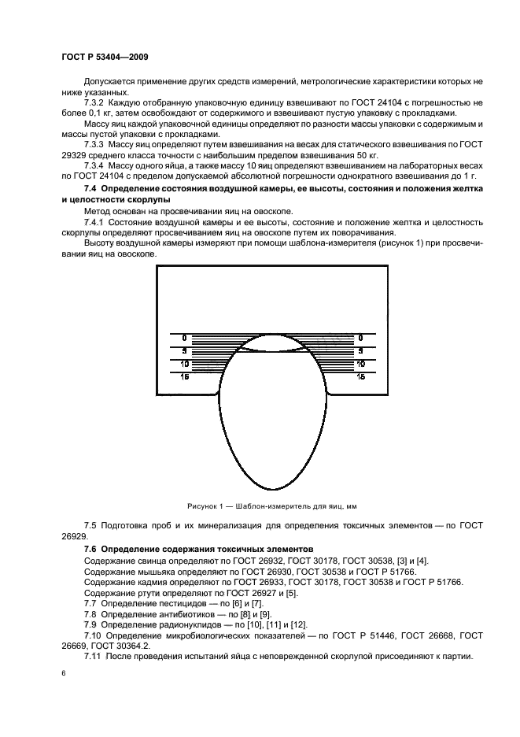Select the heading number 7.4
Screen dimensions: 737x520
[93, 191]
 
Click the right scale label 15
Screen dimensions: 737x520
[360, 377]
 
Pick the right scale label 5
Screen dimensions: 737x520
[360, 350]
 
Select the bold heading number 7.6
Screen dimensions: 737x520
[93, 549]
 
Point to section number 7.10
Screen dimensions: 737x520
[95, 634]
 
